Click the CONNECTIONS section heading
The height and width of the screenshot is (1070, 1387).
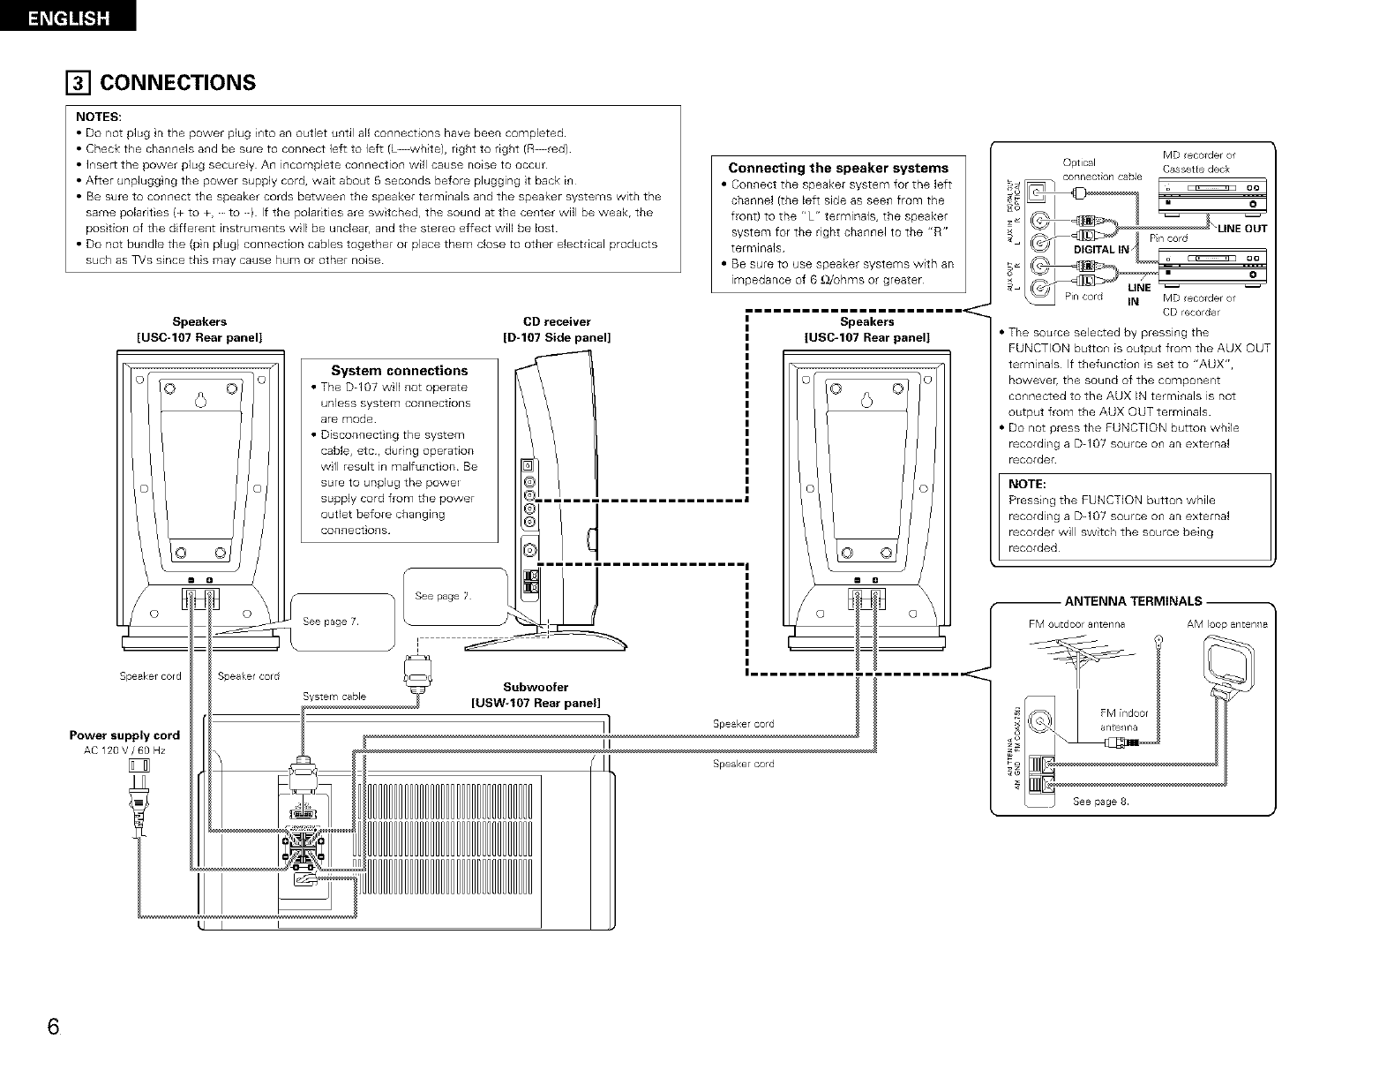tap(177, 83)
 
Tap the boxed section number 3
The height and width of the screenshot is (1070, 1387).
tap(80, 83)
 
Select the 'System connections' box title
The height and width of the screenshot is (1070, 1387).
tap(399, 371)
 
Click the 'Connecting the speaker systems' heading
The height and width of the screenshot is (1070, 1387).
tap(837, 168)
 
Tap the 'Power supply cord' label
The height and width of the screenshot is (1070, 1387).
tap(124, 735)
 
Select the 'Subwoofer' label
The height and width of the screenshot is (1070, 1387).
tap(536, 687)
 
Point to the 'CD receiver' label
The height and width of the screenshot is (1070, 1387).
tap(557, 321)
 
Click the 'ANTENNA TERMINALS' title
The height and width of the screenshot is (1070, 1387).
tap(1133, 602)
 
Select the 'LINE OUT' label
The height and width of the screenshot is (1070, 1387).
tap(1241, 229)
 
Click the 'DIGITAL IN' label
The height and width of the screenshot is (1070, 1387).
tap(1100, 250)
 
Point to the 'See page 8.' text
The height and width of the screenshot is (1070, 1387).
tap(1100, 802)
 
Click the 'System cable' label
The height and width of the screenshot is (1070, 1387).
tap(334, 697)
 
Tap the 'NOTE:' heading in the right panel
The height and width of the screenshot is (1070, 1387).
tap(1026, 484)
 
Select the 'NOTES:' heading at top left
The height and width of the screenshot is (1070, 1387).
tap(99, 117)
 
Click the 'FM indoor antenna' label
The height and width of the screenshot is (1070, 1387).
tap(1123, 720)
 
